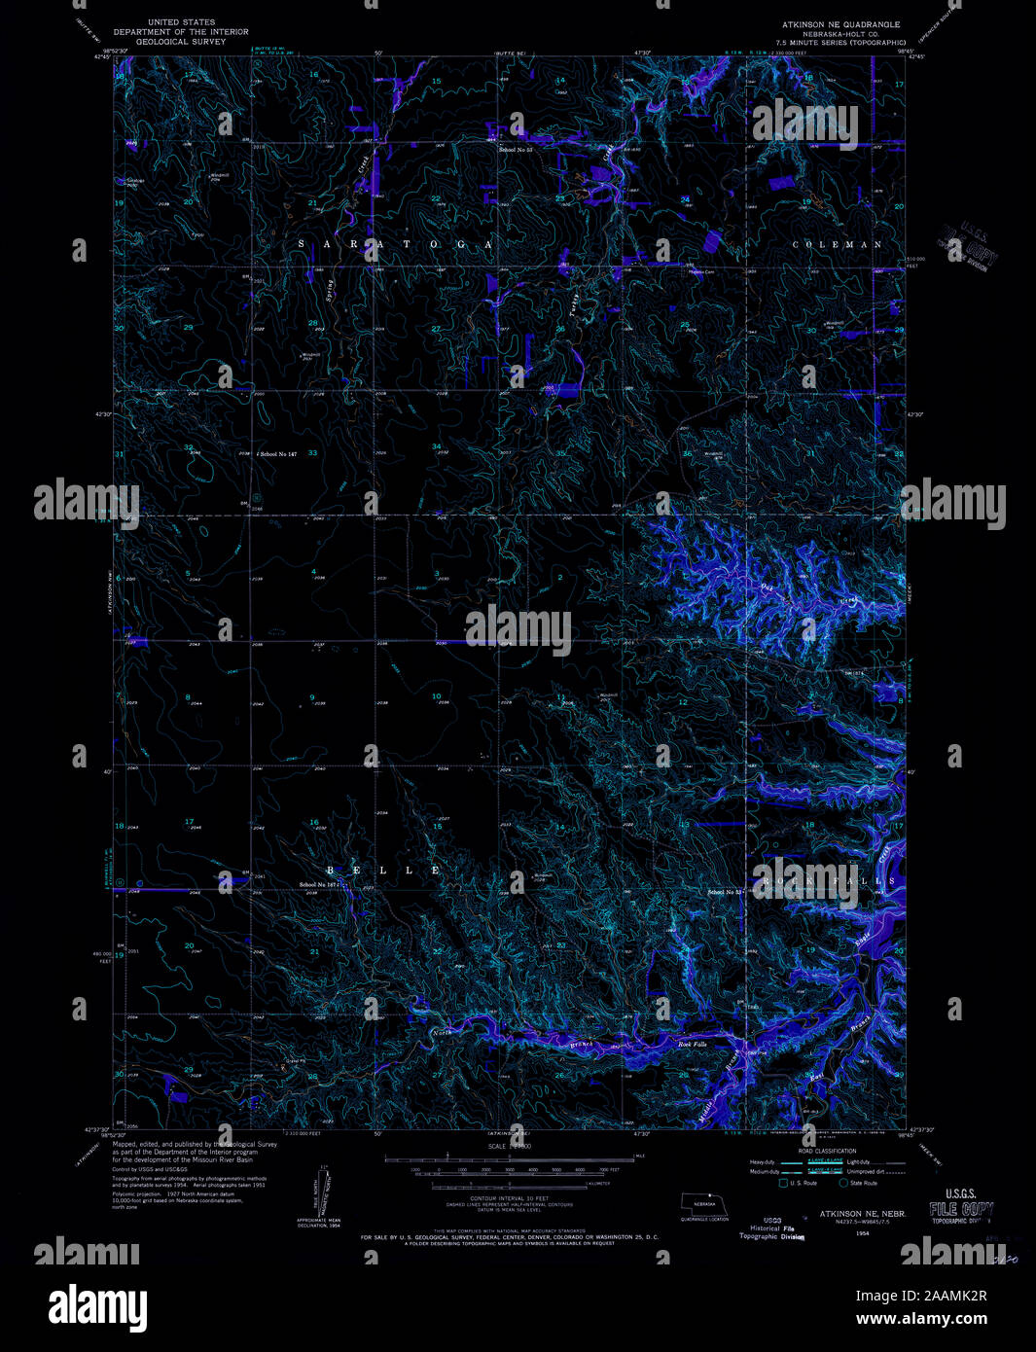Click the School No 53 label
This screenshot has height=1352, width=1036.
(517, 150)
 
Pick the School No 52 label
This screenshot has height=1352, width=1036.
(726, 892)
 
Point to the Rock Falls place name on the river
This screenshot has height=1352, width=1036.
(693, 1044)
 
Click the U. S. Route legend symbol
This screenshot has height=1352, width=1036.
(782, 1183)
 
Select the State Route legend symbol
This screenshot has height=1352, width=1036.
(842, 1183)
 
